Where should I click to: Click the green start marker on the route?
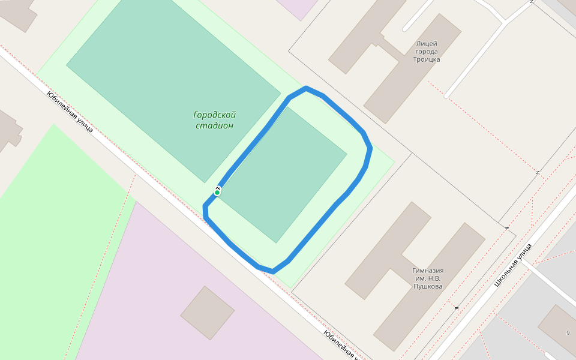217,192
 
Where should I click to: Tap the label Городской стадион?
214,120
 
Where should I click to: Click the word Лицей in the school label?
427,43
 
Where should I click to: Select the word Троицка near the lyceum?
427,59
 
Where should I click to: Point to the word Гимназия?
428,270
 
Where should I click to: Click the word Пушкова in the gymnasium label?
428,286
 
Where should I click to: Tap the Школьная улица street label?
513,264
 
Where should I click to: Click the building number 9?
568,332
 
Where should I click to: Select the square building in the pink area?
208,313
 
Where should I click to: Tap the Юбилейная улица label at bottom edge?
340,345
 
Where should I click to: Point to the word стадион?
214,125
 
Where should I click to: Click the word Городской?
214,115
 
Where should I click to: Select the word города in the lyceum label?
427,52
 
